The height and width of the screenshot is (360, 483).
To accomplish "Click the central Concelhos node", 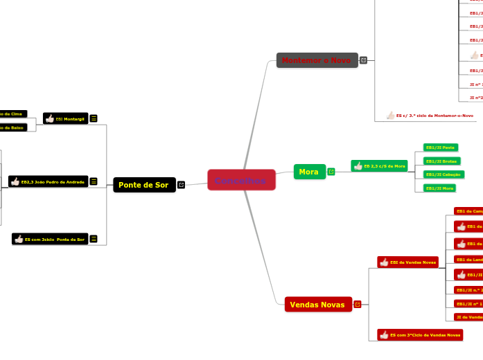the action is click(x=241, y=181).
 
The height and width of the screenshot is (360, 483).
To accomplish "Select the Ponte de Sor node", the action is click(x=144, y=185).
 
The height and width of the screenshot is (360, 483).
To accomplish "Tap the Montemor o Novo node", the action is click(x=317, y=60).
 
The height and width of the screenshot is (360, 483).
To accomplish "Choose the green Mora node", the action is click(x=309, y=172).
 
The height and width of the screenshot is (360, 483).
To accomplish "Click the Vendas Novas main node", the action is click(x=318, y=304).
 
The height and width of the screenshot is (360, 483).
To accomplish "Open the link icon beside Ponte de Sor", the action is click(x=182, y=185).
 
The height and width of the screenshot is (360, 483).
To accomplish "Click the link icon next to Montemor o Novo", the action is click(x=364, y=60).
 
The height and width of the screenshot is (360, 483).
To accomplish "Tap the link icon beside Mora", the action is click(x=331, y=172).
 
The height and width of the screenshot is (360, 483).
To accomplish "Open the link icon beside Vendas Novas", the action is click(x=358, y=304).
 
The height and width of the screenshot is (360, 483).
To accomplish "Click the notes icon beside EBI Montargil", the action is click(x=94, y=118).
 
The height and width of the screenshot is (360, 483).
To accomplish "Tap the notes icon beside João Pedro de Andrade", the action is click(x=94, y=181).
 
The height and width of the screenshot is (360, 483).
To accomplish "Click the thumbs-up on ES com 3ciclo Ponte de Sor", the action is click(x=18, y=239).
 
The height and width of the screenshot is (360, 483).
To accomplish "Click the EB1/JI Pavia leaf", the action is click(x=440, y=147).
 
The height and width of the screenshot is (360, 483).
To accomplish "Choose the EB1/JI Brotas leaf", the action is click(x=441, y=161).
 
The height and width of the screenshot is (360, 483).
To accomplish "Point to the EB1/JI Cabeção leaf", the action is click(x=444, y=174).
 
